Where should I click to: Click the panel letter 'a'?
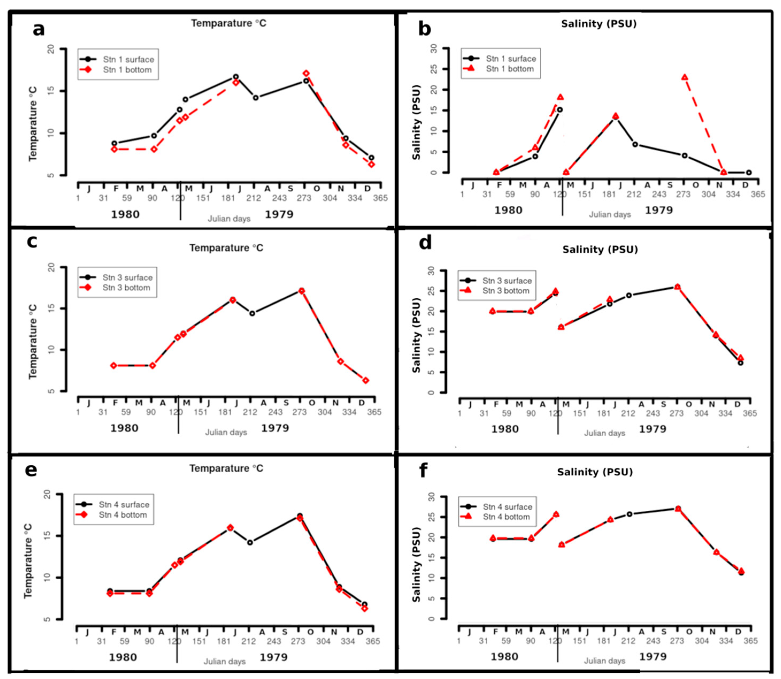[39, 29]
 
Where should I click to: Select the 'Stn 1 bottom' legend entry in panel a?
[127, 70]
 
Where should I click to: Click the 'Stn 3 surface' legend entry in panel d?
[507, 281]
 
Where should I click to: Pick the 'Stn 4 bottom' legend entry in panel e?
[122, 515]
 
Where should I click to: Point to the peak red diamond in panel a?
[306, 73]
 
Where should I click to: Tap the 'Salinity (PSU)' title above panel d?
[600, 250]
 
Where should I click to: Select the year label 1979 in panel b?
[659, 210]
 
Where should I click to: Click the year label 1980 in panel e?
[123, 657]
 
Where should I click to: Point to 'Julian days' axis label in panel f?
[604, 661]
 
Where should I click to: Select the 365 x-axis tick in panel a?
[380, 198]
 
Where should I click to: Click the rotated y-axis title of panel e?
[28, 561]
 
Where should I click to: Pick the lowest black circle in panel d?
[740, 363]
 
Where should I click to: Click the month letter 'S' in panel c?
[286, 403]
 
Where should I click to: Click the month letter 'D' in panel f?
[738, 632]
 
